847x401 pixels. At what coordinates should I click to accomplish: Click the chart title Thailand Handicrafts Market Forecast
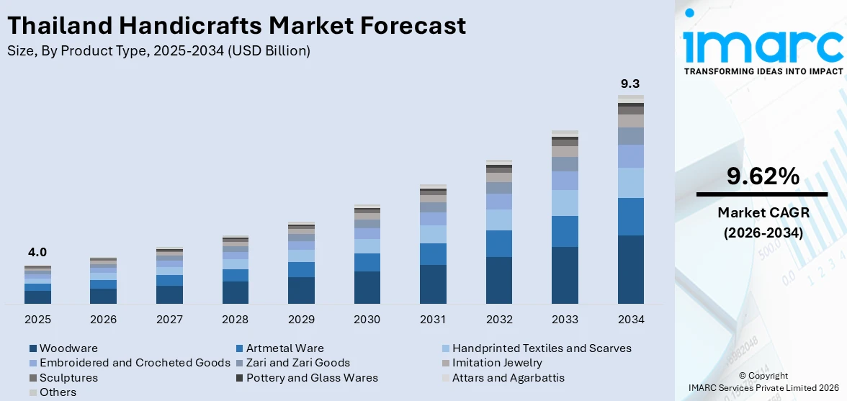pyautogui.click(x=236, y=25)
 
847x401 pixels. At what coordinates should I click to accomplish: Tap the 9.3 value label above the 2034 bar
pyautogui.click(x=630, y=84)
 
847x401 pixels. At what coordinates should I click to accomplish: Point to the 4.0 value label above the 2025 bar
pyautogui.click(x=37, y=252)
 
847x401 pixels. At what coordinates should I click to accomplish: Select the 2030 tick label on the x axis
pyautogui.click(x=367, y=320)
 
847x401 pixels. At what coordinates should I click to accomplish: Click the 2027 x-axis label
pyautogui.click(x=169, y=320)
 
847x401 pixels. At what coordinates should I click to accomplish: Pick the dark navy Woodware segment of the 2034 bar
pyautogui.click(x=631, y=269)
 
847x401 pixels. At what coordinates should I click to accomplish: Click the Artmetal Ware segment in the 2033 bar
pyautogui.click(x=565, y=232)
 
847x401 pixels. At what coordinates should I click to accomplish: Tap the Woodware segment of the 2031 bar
pyautogui.click(x=434, y=284)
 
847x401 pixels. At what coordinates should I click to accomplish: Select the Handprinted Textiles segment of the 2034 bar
pyautogui.click(x=631, y=183)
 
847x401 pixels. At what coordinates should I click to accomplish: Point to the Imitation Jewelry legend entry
pyautogui.click(x=492, y=363)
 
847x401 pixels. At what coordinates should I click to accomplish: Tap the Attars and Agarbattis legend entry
pyautogui.click(x=503, y=378)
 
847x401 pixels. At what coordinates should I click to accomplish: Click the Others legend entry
pyautogui.click(x=53, y=392)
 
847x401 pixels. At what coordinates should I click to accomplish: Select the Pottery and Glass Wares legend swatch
pyautogui.click(x=241, y=378)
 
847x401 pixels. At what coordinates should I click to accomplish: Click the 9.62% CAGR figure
pyautogui.click(x=763, y=177)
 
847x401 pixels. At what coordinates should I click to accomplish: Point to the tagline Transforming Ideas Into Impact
pyautogui.click(x=763, y=71)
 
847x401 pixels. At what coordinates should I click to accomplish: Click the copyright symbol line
pyautogui.click(x=763, y=376)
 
